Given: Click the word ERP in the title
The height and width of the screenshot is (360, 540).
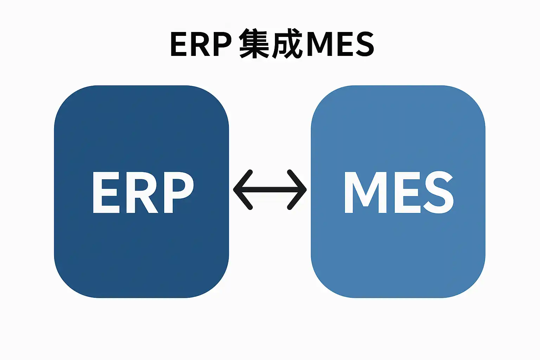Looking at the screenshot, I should tap(201, 44).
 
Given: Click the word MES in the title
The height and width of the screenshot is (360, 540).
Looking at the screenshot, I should tap(340, 44).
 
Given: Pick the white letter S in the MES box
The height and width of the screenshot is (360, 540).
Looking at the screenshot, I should tap(438, 192).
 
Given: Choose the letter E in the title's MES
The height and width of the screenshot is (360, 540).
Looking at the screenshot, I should tap(345, 44).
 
